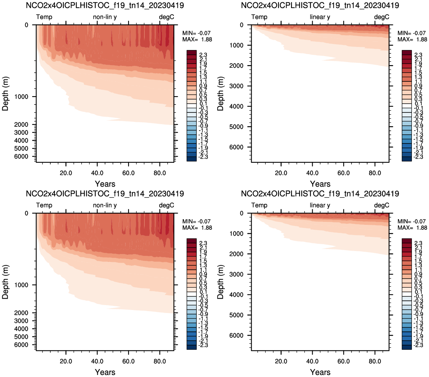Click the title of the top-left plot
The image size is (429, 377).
(105, 5)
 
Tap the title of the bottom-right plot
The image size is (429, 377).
(320, 194)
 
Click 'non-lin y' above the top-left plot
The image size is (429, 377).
(105, 17)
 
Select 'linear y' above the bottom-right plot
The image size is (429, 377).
(320, 205)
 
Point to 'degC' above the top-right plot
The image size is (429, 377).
(382, 17)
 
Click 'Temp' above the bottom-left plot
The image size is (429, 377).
(44, 205)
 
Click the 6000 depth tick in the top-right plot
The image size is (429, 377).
(236, 147)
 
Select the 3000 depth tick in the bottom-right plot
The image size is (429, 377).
(236, 274)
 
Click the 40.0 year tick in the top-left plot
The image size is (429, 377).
(97, 173)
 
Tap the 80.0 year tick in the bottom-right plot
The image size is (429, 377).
(375, 361)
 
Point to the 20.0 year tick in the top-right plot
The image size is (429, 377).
(281, 173)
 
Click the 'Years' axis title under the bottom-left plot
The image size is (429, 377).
(105, 372)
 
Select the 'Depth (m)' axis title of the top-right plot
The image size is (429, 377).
(221, 94)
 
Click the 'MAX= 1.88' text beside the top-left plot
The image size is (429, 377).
(197, 39)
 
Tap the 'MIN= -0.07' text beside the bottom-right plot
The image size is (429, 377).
(412, 221)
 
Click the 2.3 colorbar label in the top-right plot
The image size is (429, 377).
(418, 55)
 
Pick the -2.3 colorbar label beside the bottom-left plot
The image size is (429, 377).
(203, 345)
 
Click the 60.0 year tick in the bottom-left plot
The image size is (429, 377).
(128, 361)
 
